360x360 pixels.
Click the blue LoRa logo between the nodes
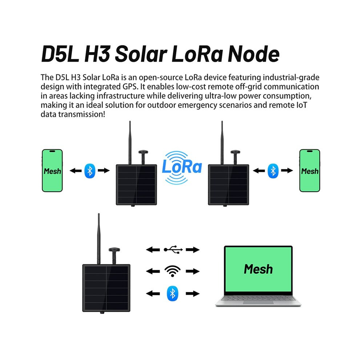pyautogui.click(x=182, y=167)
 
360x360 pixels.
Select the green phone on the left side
pyautogui.click(x=52, y=171)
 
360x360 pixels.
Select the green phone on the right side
pyautogui.click(x=310, y=171)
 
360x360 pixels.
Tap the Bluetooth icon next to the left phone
pyautogui.click(x=90, y=171)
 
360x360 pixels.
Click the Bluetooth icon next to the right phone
pyautogui.click(x=273, y=171)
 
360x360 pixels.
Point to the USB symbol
pyautogui.click(x=173, y=249)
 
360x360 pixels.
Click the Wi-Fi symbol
pyautogui.click(x=172, y=271)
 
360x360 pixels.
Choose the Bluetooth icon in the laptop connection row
pyautogui.click(x=172, y=293)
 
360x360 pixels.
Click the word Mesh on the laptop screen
pyautogui.click(x=258, y=269)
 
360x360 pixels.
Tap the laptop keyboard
pyautogui.click(x=258, y=299)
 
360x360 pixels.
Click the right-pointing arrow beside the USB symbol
pyautogui.click(x=193, y=249)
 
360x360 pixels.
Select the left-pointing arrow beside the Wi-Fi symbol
pyautogui.click(x=153, y=271)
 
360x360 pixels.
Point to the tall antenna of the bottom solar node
pyautogui.click(x=99, y=239)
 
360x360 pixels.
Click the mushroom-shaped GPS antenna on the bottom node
pyautogui.click(x=114, y=256)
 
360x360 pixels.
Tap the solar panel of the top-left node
pyautogui.click(x=136, y=185)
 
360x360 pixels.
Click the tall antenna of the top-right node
pyautogui.click(x=222, y=143)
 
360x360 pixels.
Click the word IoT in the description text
pyautogui.click(x=300, y=105)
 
